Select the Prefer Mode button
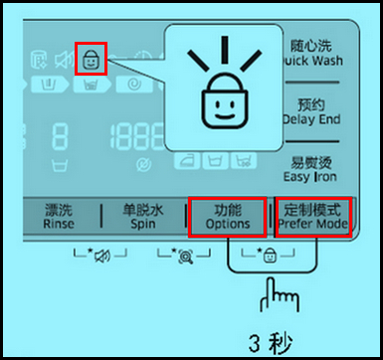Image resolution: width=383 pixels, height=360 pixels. [x=312, y=217]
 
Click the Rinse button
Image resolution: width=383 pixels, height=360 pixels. [x=59, y=217]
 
